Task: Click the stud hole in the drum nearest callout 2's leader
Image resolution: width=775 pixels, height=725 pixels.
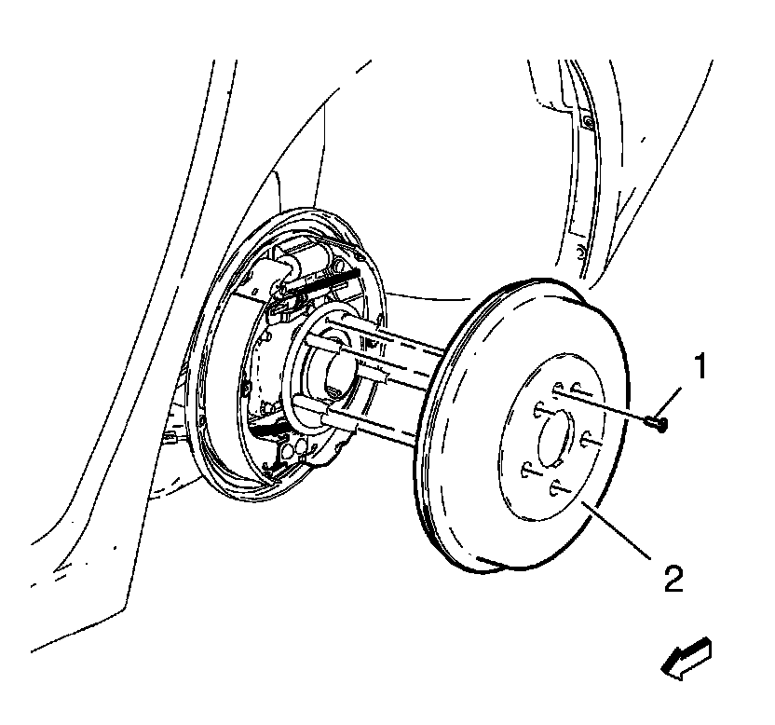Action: coord(560,486)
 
